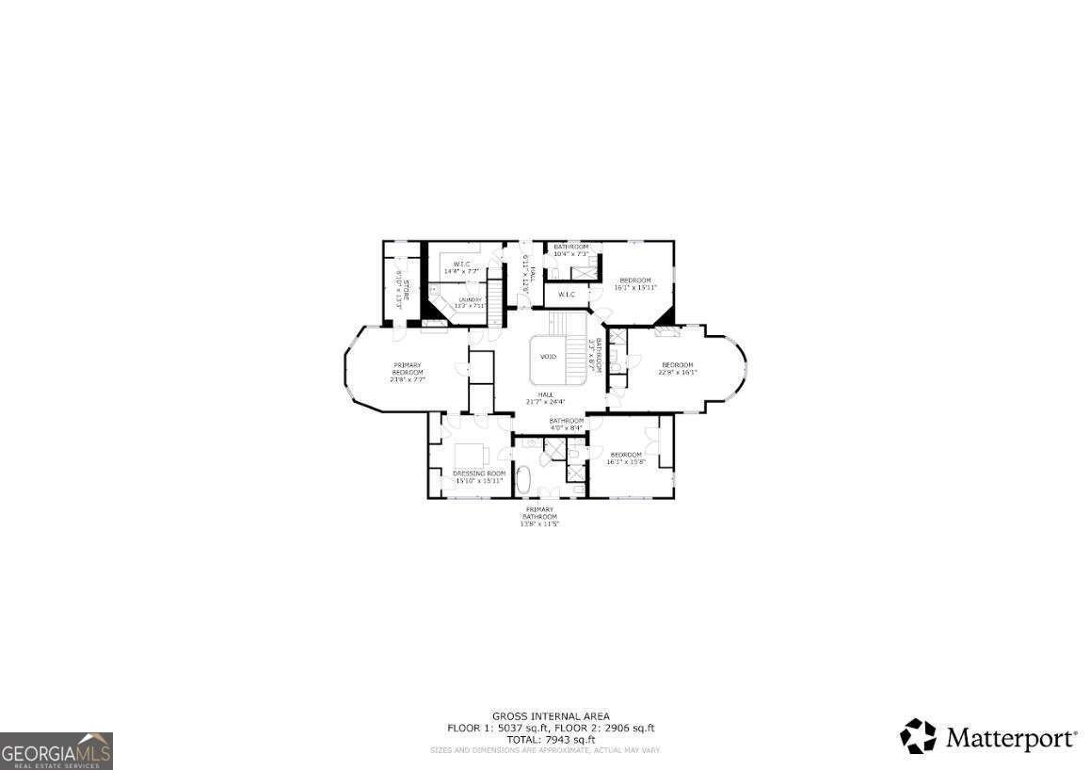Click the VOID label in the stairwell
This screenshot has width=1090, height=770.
pyautogui.click(x=548, y=357)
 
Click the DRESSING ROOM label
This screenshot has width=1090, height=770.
pyautogui.click(x=479, y=473)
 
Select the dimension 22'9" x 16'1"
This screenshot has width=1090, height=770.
pyautogui.click(x=678, y=373)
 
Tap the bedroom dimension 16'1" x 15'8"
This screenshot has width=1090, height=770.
pyautogui.click(x=624, y=462)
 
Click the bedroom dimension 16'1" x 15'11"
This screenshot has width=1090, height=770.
pyautogui.click(x=635, y=287)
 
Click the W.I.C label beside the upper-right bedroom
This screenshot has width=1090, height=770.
pyautogui.click(x=567, y=295)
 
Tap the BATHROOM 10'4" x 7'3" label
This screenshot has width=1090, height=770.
pyautogui.click(x=570, y=250)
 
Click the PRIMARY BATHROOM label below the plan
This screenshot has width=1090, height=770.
pyautogui.click(x=539, y=517)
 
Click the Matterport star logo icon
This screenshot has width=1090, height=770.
pyautogui.click(x=918, y=736)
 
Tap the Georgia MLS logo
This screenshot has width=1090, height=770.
pyautogui.click(x=56, y=751)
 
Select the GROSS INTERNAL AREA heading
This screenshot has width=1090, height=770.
pyautogui.click(x=551, y=716)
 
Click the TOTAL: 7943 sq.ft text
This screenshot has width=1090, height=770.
pyautogui.click(x=551, y=739)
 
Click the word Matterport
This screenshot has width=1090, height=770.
pyautogui.click(x=1010, y=737)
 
